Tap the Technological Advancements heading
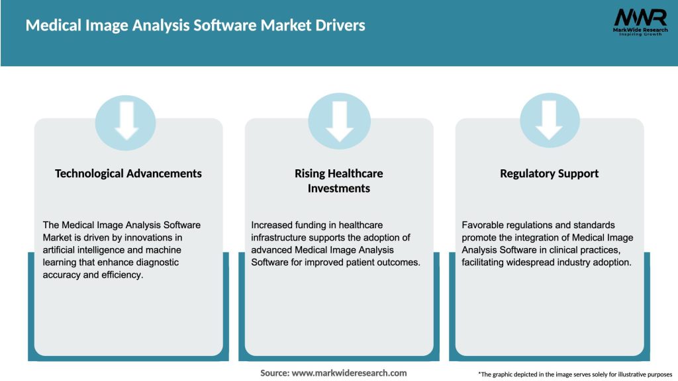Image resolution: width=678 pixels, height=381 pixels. click(x=128, y=173)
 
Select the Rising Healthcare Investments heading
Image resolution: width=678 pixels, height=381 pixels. click(x=339, y=181)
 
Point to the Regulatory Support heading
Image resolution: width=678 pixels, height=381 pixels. click(x=550, y=173)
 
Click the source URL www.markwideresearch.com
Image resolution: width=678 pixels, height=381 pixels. click(x=349, y=373)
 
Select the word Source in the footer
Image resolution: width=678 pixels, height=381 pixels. click(x=274, y=373)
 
